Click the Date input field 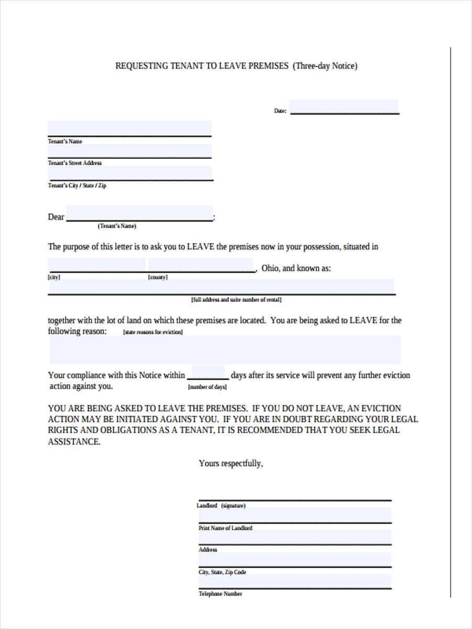(344, 106)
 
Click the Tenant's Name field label (65, 142)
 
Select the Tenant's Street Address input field (130, 151)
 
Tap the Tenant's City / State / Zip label (77, 186)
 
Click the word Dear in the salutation (56, 217)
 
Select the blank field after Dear (140, 214)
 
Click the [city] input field (96, 265)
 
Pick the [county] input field (201, 265)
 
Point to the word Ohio (270, 268)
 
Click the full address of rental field (221, 287)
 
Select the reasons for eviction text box (224, 350)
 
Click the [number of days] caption (207, 387)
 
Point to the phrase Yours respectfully (231, 463)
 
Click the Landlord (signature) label (221, 506)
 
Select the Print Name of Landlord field (294, 515)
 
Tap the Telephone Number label (220, 594)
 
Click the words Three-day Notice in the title (325, 66)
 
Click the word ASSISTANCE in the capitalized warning (73, 441)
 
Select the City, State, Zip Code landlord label (222, 572)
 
